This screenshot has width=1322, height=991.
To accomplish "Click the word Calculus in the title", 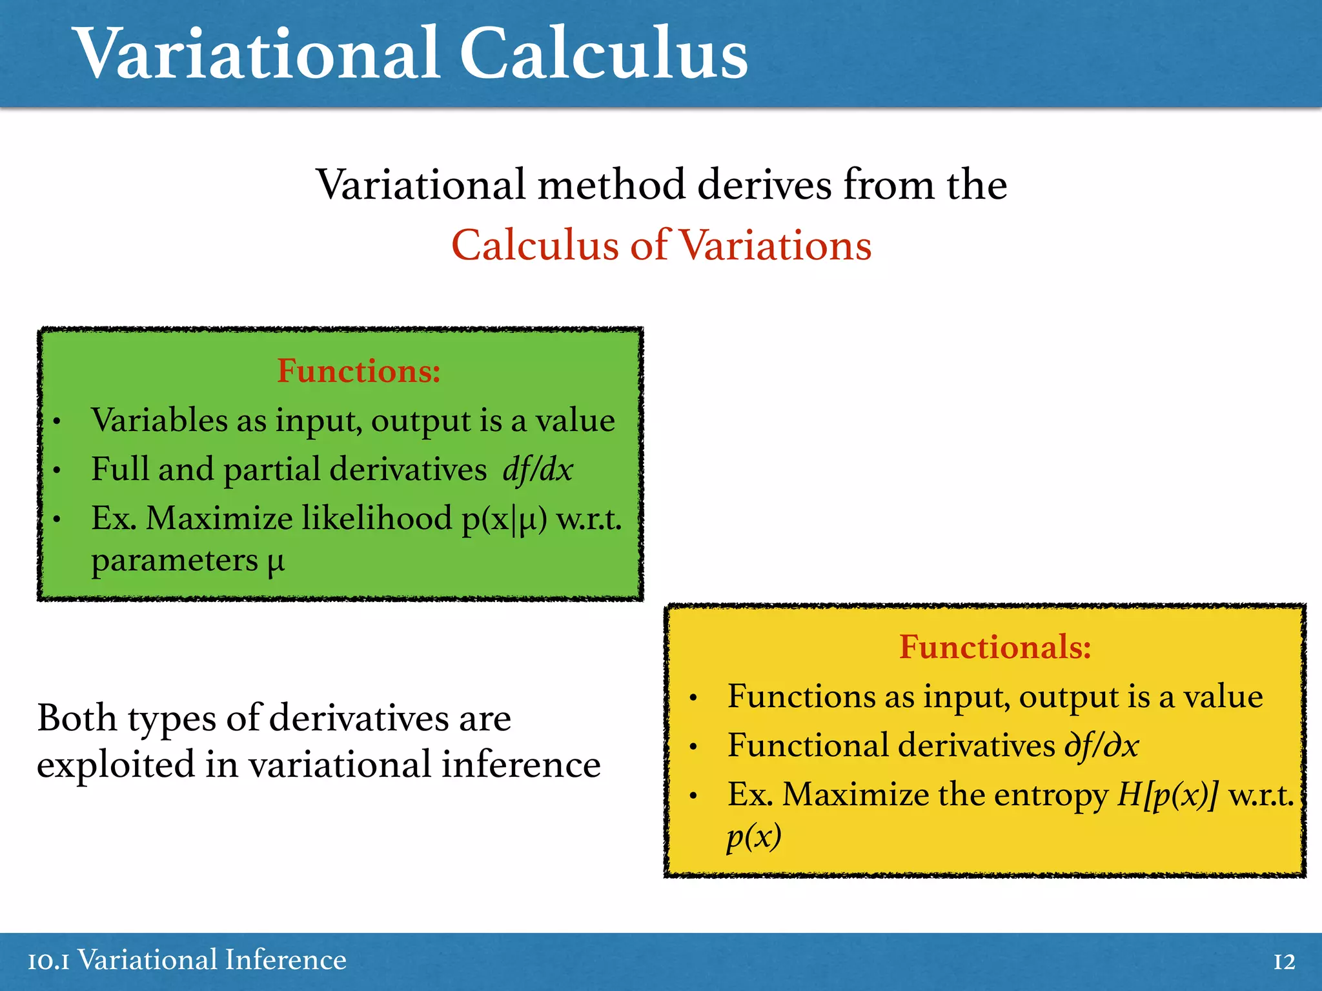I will tap(603, 54).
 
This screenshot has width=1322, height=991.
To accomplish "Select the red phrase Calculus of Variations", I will tap(661, 246).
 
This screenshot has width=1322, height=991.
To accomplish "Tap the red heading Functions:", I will tap(359, 371).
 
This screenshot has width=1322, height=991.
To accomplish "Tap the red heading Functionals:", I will tap(995, 647).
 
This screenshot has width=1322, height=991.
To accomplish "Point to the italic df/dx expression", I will tap(538, 470).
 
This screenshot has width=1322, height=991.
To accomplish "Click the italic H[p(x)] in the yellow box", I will tap(1168, 795).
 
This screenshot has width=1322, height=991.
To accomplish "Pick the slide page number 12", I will tap(1284, 962).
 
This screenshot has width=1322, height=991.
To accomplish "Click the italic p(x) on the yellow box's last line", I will tap(753, 837).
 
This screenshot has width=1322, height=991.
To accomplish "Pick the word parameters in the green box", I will tap(174, 561).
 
